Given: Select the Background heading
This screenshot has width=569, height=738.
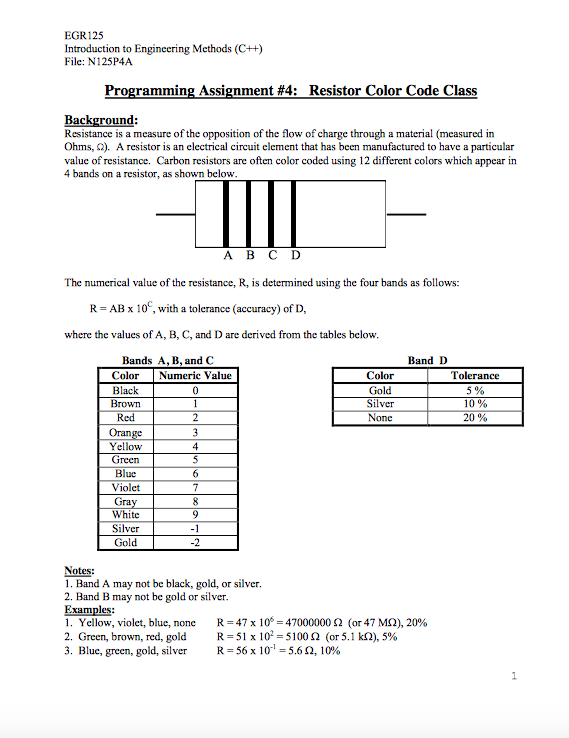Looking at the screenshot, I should (100, 119).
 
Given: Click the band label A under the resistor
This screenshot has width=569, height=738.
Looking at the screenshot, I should (226, 255).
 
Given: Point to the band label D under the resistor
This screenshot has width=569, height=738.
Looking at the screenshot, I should (296, 255).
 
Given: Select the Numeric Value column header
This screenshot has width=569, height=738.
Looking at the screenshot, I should (196, 375).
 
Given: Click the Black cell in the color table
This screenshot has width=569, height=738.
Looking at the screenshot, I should (126, 390).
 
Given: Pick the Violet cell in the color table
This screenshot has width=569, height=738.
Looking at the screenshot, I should (126, 487).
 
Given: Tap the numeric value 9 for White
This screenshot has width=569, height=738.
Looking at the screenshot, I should (196, 515).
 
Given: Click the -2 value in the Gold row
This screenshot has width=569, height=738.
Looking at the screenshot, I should (196, 543).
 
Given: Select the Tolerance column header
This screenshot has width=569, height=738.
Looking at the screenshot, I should (474, 375).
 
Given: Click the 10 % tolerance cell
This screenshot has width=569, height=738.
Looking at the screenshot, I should (474, 404).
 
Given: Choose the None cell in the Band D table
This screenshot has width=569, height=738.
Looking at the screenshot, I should (380, 418).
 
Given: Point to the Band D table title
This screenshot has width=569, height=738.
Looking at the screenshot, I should (427, 360).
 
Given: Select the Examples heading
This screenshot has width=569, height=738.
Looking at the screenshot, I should (89, 608).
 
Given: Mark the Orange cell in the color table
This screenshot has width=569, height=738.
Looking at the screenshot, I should (126, 432).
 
